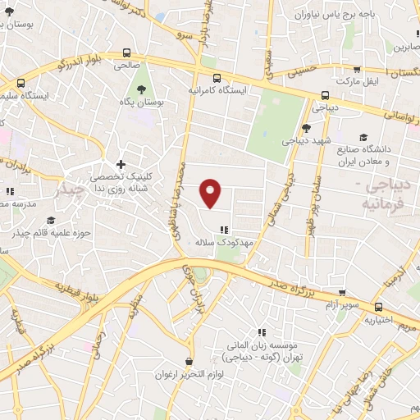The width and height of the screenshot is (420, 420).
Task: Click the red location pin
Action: [x=212, y=193]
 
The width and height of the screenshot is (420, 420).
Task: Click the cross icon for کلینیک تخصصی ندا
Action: [x=121, y=165]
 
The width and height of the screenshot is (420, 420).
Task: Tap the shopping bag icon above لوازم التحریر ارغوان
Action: [x=189, y=361]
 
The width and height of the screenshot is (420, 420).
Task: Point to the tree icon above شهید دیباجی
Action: [x=306, y=127]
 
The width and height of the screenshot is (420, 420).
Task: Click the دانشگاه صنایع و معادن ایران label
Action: [x=384, y=153]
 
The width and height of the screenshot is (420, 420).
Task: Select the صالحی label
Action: [x=128, y=62]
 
